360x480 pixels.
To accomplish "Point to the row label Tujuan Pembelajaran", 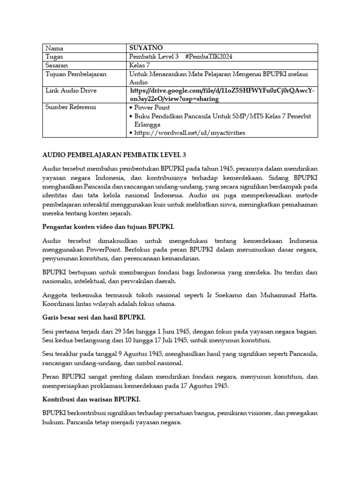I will [76, 75].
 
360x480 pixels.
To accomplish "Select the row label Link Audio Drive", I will [71, 90].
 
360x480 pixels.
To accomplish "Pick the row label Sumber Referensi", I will [71, 107].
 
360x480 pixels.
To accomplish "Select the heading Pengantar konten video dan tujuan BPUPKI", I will [108, 226].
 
